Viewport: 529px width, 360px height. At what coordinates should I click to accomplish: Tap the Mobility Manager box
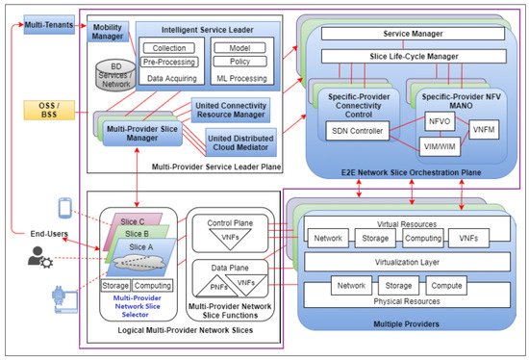pyautogui.click(x=108, y=32)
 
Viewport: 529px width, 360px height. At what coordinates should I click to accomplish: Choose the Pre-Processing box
pyautogui.click(x=175, y=63)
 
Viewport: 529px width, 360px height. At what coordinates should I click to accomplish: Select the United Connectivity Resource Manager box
pyautogui.click(x=228, y=108)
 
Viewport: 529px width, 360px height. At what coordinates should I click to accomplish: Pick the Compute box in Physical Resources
pyautogui.click(x=458, y=285)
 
